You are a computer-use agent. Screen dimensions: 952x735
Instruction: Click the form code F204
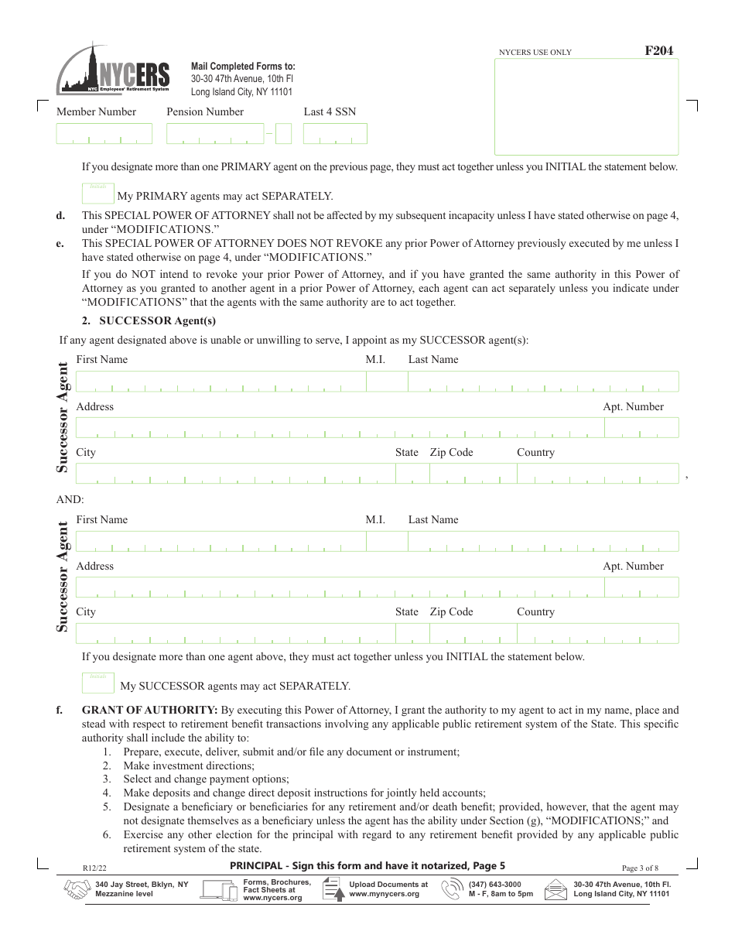658,51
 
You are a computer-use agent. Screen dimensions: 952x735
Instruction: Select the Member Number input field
104,134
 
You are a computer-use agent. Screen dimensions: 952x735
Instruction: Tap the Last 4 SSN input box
334,134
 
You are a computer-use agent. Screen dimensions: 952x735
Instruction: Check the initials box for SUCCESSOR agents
97,683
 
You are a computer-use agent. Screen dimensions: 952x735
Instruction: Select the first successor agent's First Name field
220,382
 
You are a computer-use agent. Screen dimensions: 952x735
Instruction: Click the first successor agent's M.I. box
386,382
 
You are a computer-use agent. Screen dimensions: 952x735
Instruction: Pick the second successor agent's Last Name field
542,541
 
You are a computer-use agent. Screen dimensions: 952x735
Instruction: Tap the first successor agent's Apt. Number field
641,428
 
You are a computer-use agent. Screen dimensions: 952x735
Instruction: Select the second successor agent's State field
406,634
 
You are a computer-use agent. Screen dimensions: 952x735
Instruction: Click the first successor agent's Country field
597,474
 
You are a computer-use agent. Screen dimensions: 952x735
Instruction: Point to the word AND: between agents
70,499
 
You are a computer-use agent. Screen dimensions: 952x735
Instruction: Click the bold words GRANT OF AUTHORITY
149,710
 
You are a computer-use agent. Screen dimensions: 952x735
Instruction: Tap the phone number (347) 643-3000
494,885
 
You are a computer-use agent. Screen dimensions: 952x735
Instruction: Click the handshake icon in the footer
76,890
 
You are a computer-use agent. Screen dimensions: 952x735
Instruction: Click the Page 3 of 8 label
640,868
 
